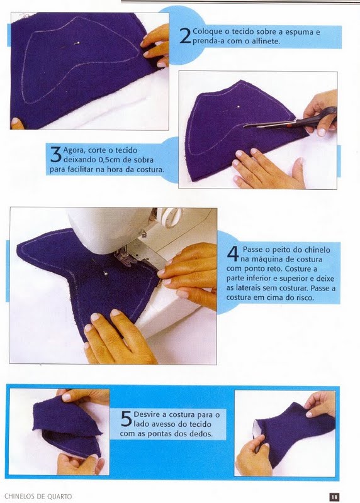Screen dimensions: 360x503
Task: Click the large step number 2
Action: (185, 36)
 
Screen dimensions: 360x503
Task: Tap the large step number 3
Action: (56, 155)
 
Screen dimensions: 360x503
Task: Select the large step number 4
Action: (233, 254)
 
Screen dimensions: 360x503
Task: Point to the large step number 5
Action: (127, 419)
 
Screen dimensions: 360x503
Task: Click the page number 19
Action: (335, 497)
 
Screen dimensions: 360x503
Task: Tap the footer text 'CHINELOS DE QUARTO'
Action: (38, 497)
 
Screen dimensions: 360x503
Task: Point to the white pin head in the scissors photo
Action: (238, 106)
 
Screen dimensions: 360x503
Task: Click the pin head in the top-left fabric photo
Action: (77, 42)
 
